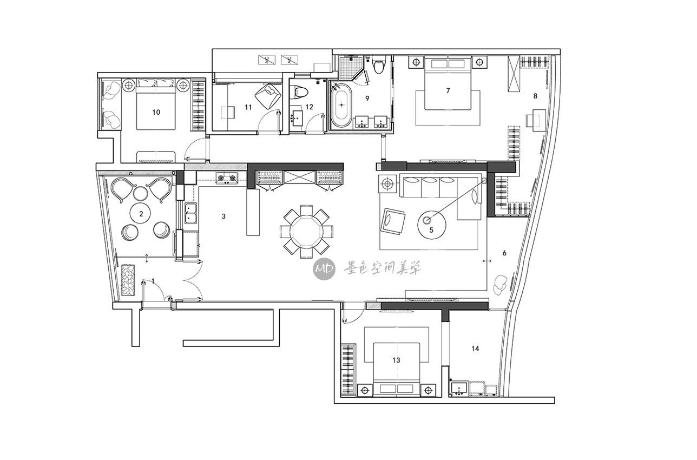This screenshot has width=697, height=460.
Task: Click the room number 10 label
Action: (156, 112)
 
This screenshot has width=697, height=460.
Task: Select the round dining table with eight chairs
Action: (306, 231)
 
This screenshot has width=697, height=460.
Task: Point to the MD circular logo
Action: (324, 268)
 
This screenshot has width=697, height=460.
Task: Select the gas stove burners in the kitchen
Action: (227, 178)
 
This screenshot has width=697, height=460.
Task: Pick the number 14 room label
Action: (475, 349)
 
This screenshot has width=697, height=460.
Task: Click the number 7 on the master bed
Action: (448, 90)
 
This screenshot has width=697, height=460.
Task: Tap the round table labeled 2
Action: (141, 214)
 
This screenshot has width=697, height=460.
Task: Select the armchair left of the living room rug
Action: (392, 221)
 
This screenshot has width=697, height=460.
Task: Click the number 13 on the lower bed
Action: (396, 360)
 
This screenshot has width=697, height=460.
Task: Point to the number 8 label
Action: (535, 96)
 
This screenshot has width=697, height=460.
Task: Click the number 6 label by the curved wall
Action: (504, 253)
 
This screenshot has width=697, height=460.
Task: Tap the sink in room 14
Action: (459, 389)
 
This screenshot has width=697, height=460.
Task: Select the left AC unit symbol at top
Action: (267, 60)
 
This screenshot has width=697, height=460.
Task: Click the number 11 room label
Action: (248, 107)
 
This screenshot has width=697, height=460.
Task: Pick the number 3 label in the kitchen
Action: (223, 216)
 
